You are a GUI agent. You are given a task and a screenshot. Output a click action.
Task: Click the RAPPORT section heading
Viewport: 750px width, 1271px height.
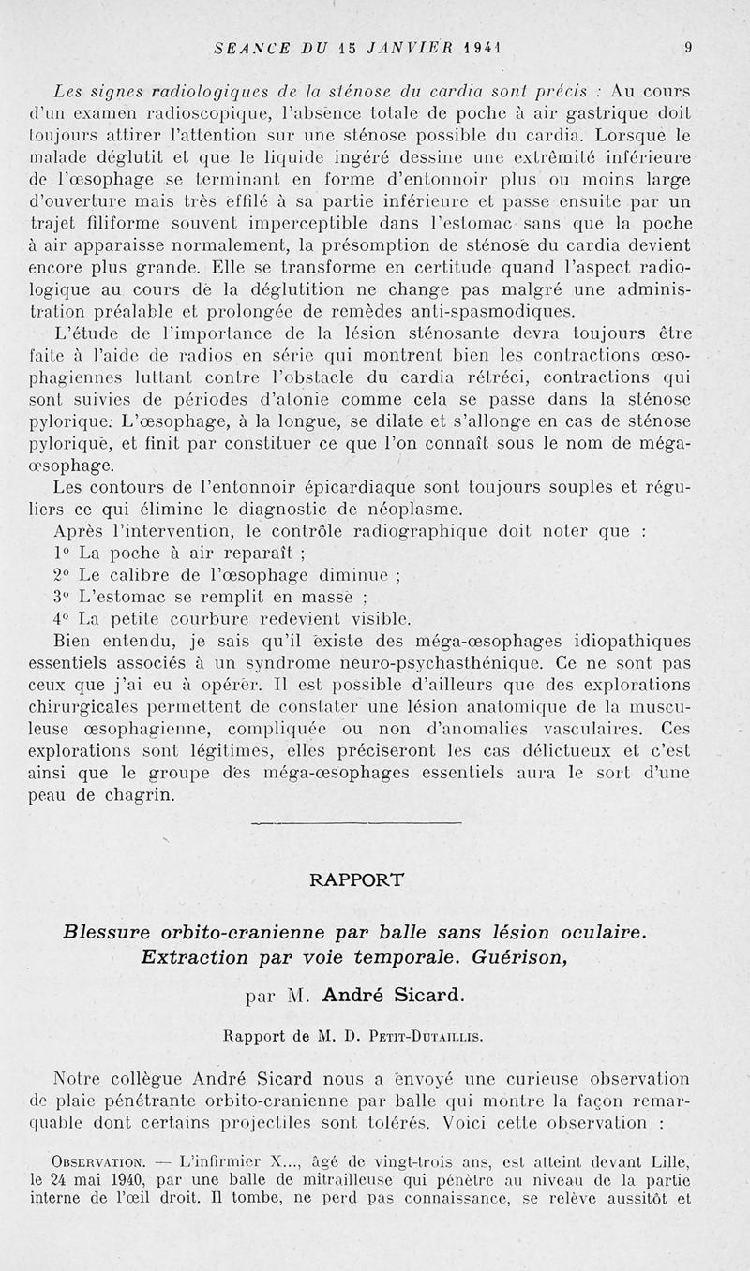click(357, 879)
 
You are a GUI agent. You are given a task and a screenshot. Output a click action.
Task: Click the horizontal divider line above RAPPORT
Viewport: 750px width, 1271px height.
click(357, 823)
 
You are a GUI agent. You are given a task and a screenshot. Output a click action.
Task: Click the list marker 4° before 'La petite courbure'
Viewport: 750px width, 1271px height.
click(63, 618)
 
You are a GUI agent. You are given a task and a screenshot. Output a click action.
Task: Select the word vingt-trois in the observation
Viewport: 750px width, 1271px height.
click(407, 1162)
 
